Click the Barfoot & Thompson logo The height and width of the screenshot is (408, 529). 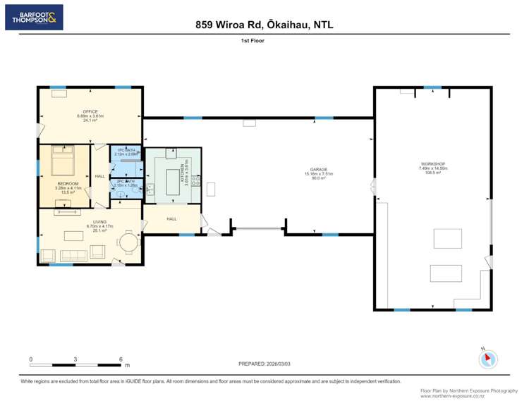point(34,17)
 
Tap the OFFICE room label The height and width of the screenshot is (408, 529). point(90,111)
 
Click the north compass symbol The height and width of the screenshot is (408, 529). point(488,359)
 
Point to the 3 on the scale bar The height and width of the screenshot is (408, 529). point(75,359)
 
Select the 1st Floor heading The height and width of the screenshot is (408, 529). point(252,41)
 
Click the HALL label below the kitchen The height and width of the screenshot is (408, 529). point(171,219)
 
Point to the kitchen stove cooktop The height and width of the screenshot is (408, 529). point(195,185)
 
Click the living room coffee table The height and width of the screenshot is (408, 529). point(73,235)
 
